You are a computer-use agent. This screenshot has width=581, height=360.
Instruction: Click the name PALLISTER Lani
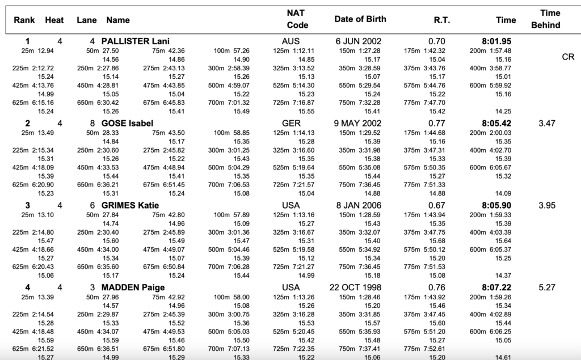(x=135, y=41)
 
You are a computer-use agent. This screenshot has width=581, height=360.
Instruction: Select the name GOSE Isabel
(x=127, y=123)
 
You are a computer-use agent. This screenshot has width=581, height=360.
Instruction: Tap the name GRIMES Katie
(x=130, y=205)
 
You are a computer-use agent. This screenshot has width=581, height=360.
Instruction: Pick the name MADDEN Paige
(x=133, y=287)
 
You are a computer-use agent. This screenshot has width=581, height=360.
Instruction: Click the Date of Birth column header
(x=360, y=19)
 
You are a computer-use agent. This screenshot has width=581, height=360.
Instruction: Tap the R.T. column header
(x=441, y=20)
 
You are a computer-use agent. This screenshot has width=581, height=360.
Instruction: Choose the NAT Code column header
(x=297, y=19)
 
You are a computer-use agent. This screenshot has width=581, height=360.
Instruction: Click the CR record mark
(x=568, y=57)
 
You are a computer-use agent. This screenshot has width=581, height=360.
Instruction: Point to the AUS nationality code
(x=290, y=41)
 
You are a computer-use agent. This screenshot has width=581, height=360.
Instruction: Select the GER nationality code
(x=291, y=123)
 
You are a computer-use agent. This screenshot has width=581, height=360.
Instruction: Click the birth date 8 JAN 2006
(x=357, y=205)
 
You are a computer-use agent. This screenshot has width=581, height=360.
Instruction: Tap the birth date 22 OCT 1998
(x=355, y=287)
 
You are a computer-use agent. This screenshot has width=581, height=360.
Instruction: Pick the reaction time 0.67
(x=437, y=205)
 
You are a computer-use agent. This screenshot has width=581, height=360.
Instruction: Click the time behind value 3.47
(x=546, y=123)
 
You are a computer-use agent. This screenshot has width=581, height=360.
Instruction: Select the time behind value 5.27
(x=546, y=287)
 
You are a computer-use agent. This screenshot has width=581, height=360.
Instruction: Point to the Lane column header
(x=87, y=20)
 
